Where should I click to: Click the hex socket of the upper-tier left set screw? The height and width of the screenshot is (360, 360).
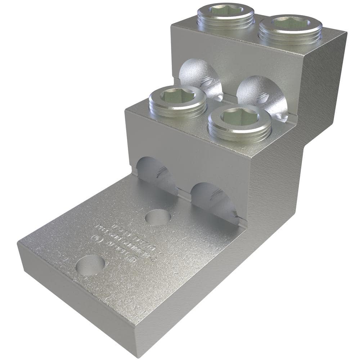pos(221,10)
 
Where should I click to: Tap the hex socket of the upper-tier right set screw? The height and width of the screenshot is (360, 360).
pos(291,22)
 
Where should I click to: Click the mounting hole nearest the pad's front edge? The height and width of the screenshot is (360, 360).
pos(90,265)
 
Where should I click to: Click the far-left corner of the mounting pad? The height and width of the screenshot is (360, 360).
pos(18,244)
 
